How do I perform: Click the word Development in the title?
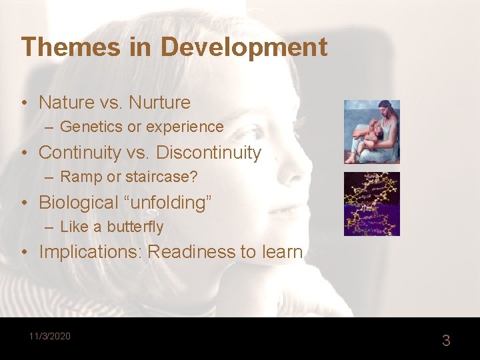click(244, 47)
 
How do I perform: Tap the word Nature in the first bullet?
click(67, 103)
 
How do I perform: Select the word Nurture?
click(159, 103)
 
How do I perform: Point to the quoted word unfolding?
click(169, 203)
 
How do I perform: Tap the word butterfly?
click(135, 227)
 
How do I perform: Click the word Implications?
click(90, 253)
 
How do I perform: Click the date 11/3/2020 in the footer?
click(49, 336)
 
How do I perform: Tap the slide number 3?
click(446, 341)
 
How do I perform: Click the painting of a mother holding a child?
click(371, 132)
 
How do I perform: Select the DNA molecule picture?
click(371, 204)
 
